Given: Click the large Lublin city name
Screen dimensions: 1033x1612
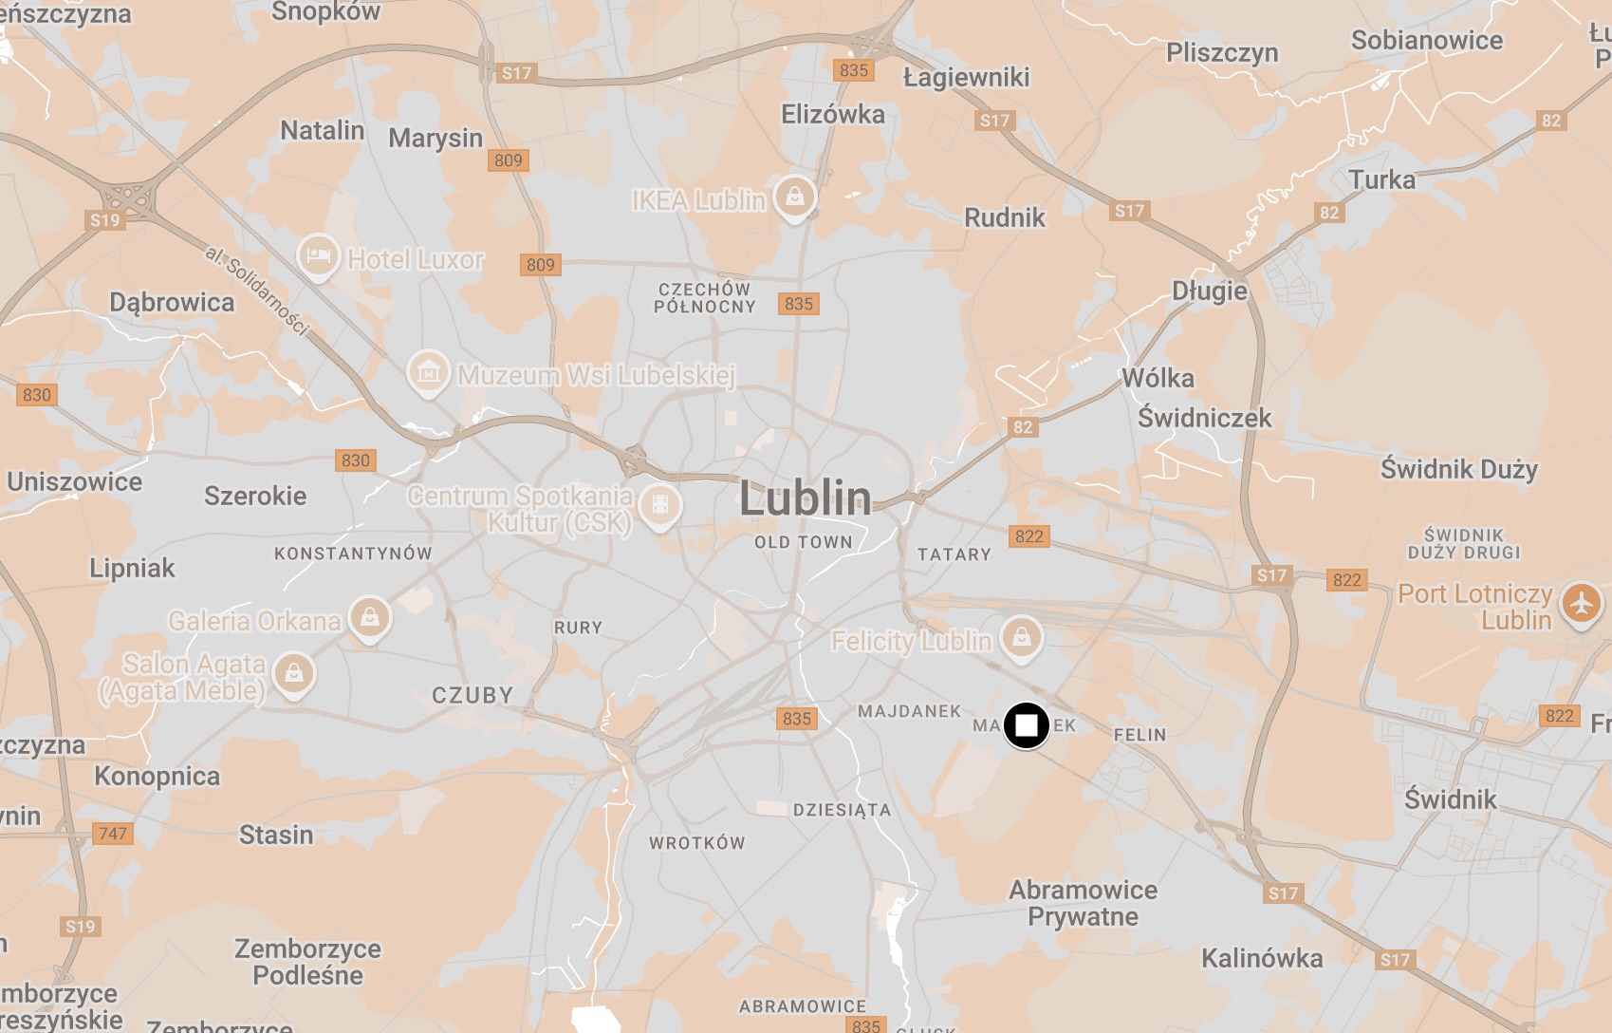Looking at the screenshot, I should point(805,498).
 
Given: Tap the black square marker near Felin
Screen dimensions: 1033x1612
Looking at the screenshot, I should point(1026,726).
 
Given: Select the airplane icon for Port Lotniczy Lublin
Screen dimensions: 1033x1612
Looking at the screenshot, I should point(1581,603).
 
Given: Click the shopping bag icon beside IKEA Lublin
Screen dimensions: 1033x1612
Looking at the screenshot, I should point(795,197).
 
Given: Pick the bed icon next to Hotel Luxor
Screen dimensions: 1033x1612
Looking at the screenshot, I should point(319,255).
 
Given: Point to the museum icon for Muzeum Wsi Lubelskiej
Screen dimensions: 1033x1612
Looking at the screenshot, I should point(428,371).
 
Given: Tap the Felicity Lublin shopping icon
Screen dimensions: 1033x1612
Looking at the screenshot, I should point(1021,636).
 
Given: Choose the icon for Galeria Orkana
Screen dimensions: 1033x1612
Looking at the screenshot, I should point(370,617).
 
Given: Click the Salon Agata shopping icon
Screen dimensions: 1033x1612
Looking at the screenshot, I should point(294,673).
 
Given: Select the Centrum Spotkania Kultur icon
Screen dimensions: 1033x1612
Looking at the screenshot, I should point(660,504).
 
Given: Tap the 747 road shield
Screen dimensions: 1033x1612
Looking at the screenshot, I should point(113,834).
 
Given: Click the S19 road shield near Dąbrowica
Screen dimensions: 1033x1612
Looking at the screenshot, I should point(104,220).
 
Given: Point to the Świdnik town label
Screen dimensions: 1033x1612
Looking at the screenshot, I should point(1450,799).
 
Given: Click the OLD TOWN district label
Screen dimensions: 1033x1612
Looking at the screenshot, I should point(803,542).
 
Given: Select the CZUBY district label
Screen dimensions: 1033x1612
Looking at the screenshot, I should point(472,695).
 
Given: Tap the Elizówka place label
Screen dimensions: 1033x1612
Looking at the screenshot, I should point(832,115).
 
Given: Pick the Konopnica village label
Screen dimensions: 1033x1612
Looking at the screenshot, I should point(157,777).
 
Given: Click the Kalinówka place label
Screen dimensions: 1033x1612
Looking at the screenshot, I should point(1261,958).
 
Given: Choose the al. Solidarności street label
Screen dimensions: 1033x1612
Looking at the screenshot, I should point(257,291).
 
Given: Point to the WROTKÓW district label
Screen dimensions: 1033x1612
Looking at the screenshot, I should point(697,843).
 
